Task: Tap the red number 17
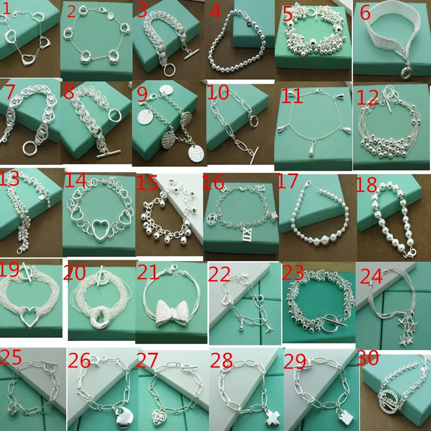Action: (287, 181)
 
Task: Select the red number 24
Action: (371, 276)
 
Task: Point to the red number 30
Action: (367, 357)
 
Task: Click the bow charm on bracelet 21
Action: (171, 313)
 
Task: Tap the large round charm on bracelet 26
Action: (122, 418)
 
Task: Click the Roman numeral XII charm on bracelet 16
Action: (246, 234)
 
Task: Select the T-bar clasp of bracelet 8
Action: (108, 155)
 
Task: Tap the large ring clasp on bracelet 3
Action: (169, 69)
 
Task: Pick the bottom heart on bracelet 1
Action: (27, 60)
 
